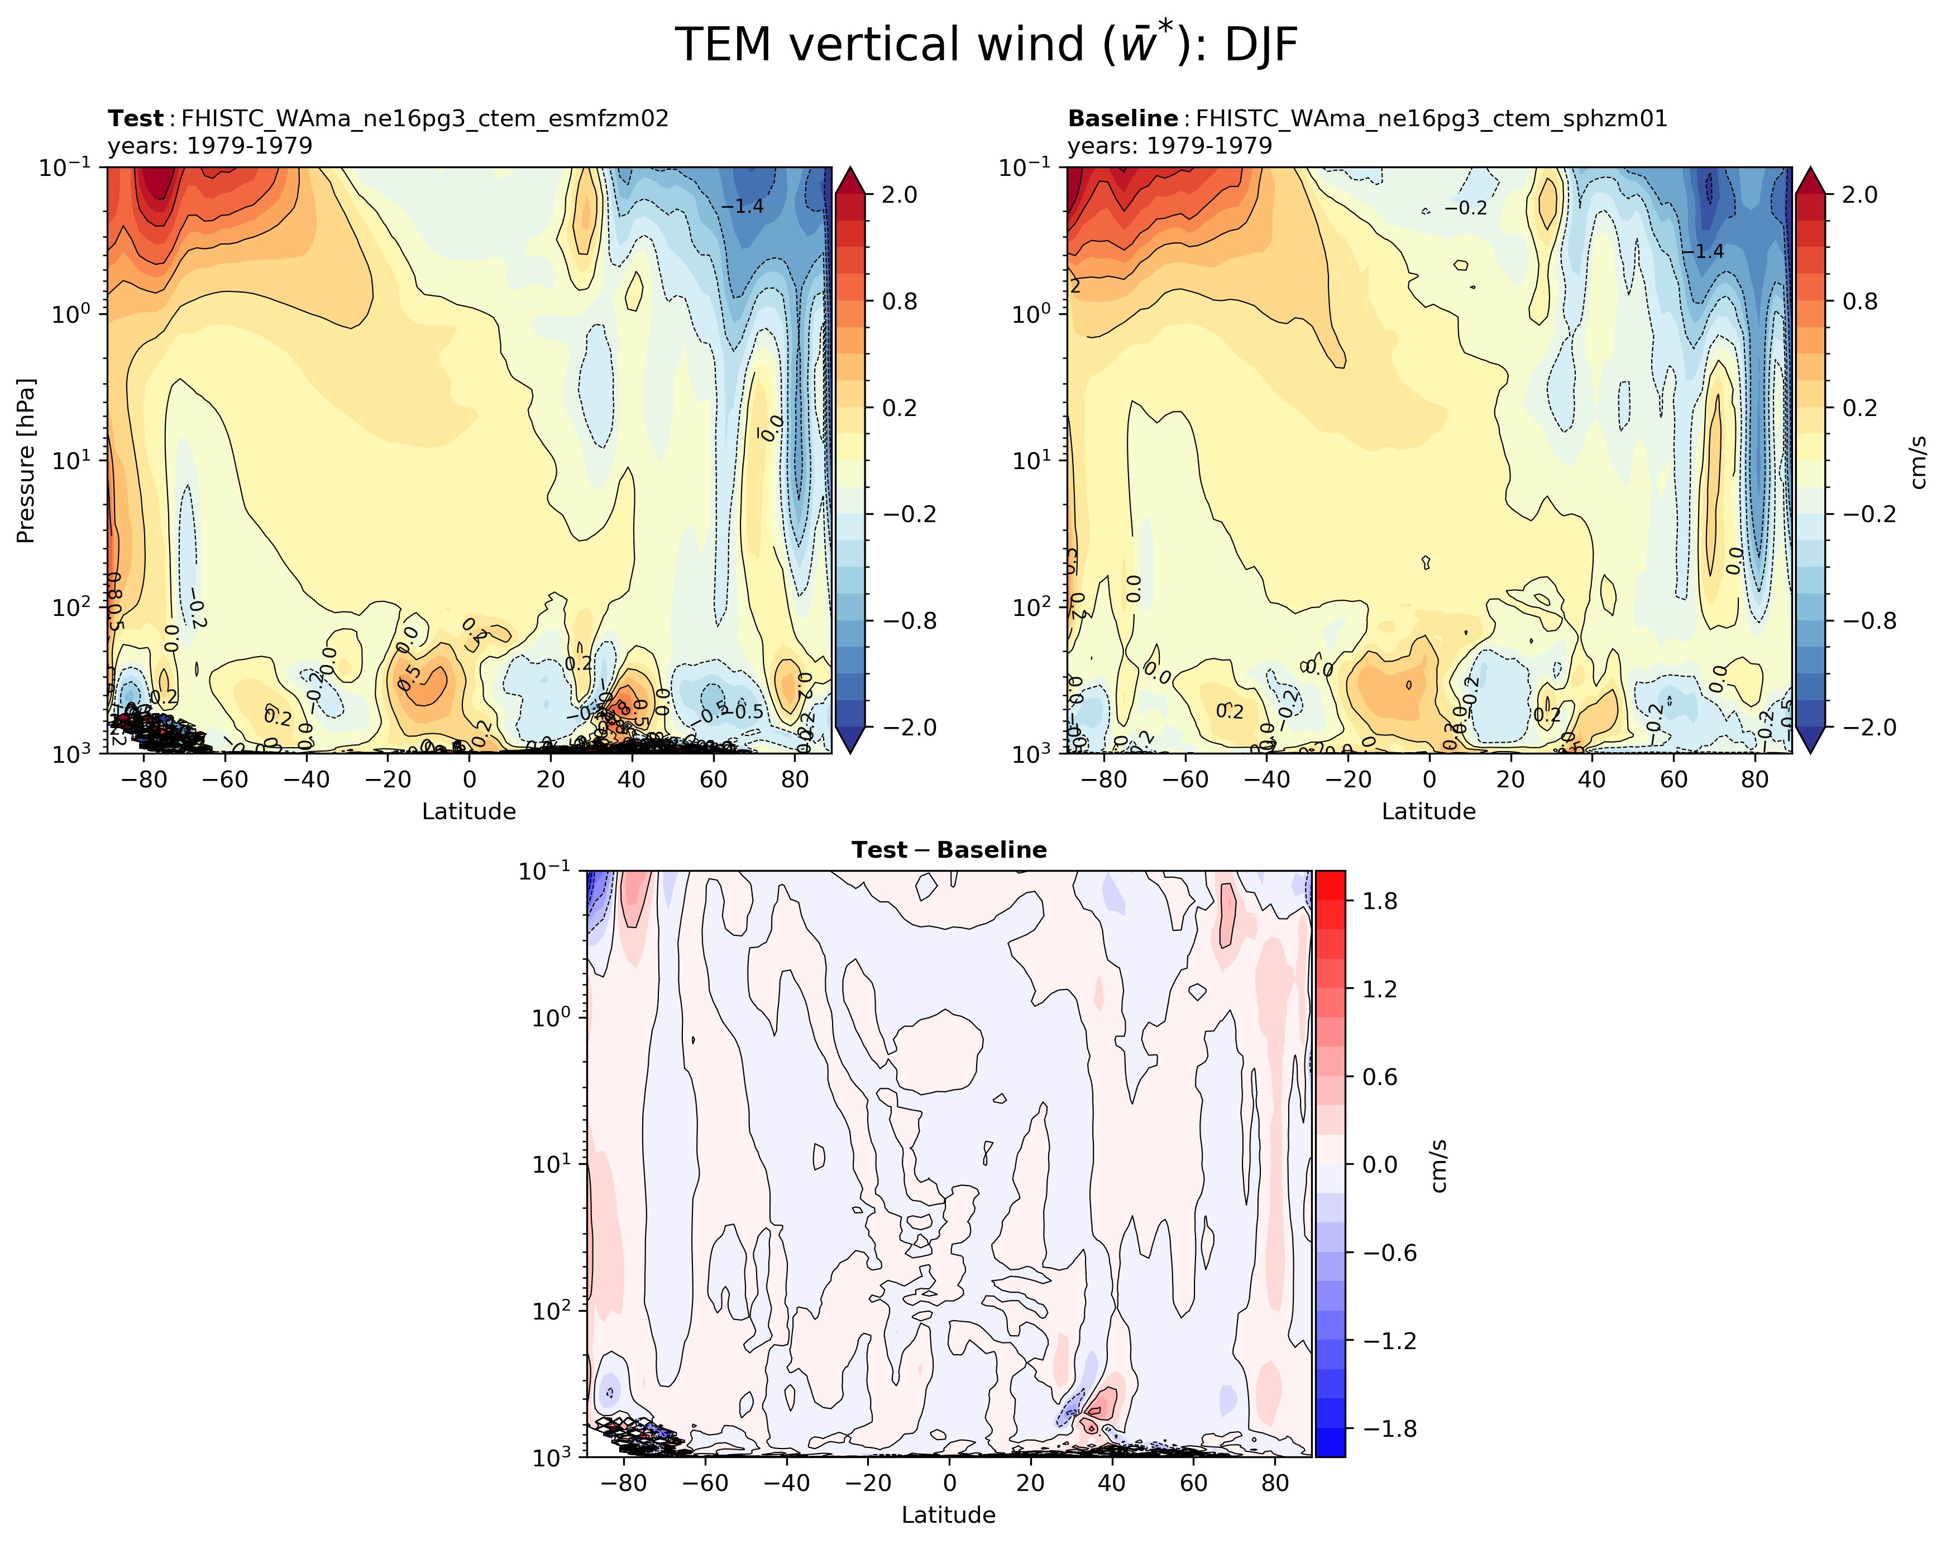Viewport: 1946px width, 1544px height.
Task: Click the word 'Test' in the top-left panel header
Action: coord(135,119)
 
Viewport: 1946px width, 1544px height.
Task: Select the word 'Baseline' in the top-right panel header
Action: coord(1122,119)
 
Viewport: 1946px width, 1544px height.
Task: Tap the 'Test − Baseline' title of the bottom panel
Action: coord(949,850)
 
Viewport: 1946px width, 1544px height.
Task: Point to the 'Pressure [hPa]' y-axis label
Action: coord(25,460)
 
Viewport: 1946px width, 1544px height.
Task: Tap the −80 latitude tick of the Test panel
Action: coord(142,780)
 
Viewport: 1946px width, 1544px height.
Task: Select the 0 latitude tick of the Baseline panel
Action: coord(1429,780)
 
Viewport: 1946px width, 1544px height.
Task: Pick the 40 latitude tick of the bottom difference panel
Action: coord(1111,1484)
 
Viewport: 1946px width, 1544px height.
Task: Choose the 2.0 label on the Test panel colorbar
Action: coord(899,195)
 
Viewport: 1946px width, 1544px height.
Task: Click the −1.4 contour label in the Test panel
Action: coord(742,207)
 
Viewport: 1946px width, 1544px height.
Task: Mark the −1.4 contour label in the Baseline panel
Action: coord(1703,251)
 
